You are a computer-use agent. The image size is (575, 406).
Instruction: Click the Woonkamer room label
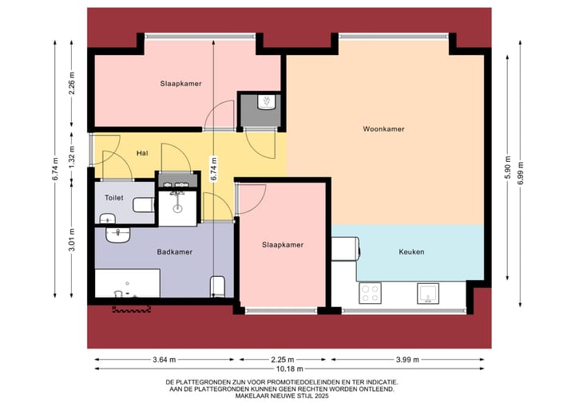click(x=383, y=128)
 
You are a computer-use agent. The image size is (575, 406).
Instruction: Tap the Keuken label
click(x=411, y=252)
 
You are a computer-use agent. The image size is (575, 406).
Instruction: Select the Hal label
click(x=142, y=153)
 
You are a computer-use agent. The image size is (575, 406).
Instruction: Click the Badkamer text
click(x=174, y=252)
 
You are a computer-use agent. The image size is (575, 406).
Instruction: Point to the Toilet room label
click(x=113, y=196)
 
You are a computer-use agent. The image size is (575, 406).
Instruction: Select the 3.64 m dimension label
click(x=164, y=359)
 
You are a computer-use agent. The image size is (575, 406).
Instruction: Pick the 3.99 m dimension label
click(x=407, y=359)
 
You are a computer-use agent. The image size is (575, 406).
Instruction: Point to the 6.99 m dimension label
click(x=520, y=172)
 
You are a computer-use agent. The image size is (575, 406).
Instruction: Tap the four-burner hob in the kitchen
click(x=370, y=293)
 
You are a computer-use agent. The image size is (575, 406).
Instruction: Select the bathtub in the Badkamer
click(x=128, y=283)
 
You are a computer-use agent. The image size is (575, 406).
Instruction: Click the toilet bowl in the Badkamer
click(x=217, y=286)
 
